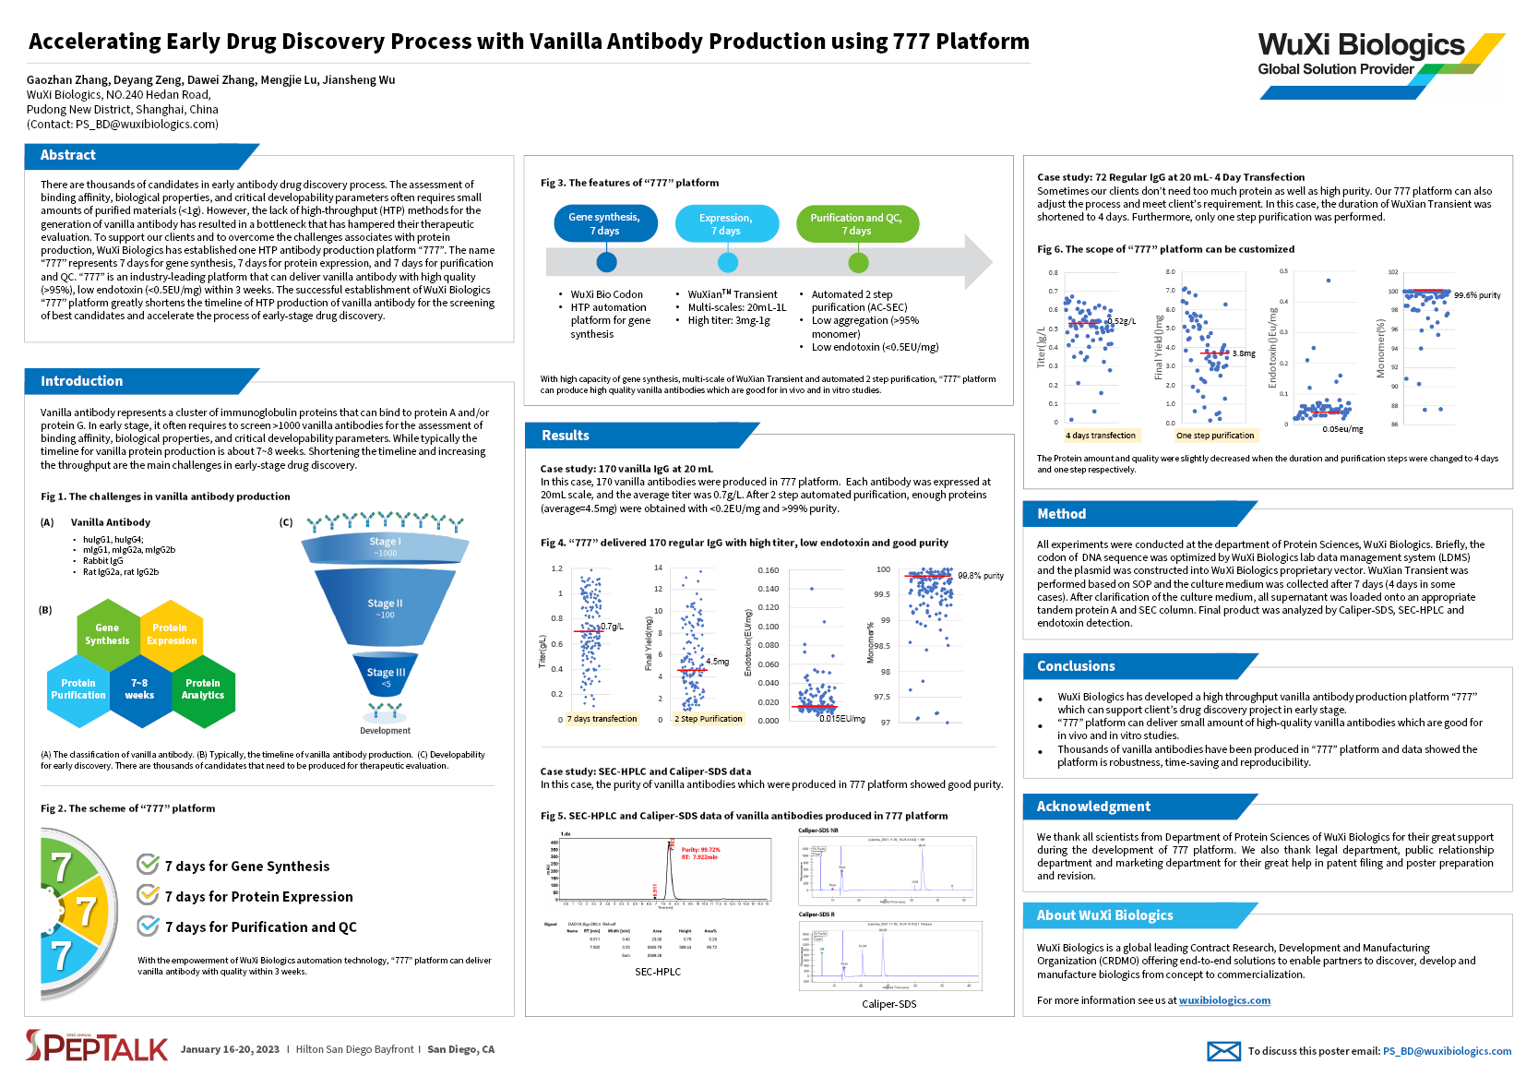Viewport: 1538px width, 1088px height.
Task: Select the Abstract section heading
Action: tap(67, 155)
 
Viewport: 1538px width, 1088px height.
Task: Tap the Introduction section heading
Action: tap(81, 381)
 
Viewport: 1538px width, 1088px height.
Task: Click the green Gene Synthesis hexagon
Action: tap(107, 634)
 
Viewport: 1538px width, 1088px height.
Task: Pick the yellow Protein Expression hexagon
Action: tap(171, 634)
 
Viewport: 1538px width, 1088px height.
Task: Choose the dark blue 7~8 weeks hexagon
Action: tap(139, 689)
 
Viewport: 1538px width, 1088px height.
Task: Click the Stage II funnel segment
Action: tap(385, 608)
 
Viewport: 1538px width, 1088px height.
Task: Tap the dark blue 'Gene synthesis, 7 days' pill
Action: tap(604, 224)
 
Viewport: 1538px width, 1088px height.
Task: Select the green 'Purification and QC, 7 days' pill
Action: tap(856, 224)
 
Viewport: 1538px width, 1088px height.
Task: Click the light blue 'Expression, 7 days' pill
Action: tap(726, 224)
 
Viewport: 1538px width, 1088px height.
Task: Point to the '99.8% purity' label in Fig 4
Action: tap(980, 576)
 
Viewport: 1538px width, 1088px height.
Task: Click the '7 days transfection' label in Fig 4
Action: tap(602, 719)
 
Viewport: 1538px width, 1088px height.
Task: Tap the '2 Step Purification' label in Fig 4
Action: tap(709, 719)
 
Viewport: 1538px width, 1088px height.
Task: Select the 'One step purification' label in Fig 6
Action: tap(1215, 436)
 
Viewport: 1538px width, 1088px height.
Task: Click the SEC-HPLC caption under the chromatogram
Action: tap(658, 972)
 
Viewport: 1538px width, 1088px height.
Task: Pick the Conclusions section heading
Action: tap(1076, 666)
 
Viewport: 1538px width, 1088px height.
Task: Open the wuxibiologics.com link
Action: tap(1224, 1000)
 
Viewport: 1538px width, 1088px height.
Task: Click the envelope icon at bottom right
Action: tap(1223, 1051)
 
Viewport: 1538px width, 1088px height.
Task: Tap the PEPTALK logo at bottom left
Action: tap(97, 1046)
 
